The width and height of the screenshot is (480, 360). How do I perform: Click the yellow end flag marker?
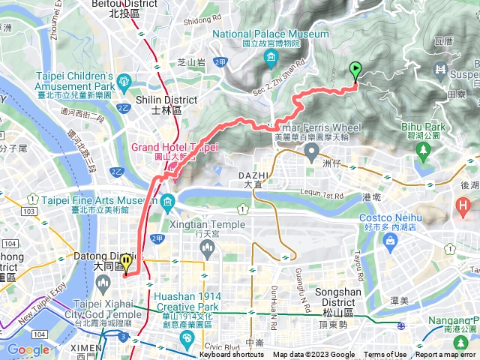pos(126,262)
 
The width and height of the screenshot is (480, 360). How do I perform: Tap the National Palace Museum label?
pos(271,34)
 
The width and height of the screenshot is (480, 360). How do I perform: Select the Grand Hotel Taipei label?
pos(174,147)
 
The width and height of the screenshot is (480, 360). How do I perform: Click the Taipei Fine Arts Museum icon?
pos(167,202)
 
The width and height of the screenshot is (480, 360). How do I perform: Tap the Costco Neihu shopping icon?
pos(390,240)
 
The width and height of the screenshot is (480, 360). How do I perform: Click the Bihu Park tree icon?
pos(424,151)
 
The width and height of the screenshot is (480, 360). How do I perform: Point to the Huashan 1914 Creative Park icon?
pos(187,339)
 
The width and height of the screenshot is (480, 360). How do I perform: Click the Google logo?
pos(28,349)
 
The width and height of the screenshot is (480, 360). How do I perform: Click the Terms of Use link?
pos(385,355)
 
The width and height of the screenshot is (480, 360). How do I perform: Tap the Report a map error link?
pos(446,355)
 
